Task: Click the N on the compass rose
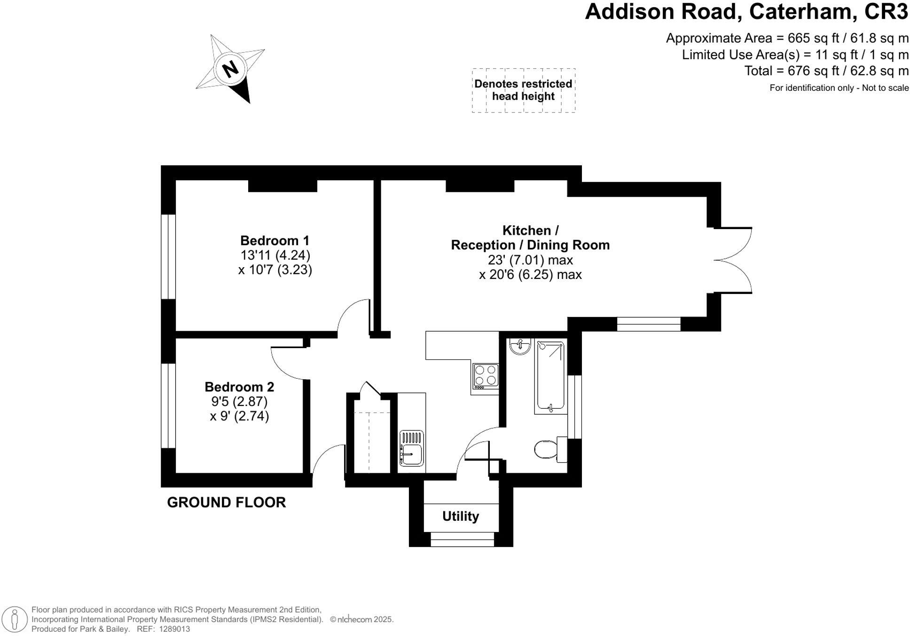pyautogui.click(x=230, y=70)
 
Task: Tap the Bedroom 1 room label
pyautogui.click(x=275, y=241)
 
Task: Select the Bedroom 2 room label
pyautogui.click(x=239, y=387)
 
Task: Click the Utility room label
pyautogui.click(x=460, y=517)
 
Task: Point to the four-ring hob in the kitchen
pyautogui.click(x=486, y=376)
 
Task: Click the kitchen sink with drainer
pyautogui.click(x=411, y=448)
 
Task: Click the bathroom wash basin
pyautogui.click(x=520, y=346)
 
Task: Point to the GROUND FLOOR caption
pyautogui.click(x=226, y=502)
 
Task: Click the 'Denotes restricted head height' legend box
pyautogui.click(x=523, y=90)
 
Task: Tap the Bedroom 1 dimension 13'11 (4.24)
pyautogui.click(x=275, y=255)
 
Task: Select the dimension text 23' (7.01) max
pyautogui.click(x=530, y=260)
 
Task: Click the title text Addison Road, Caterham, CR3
pyautogui.click(x=746, y=12)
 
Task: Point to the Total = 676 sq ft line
pyautogui.click(x=826, y=71)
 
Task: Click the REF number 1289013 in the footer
pyautogui.click(x=174, y=629)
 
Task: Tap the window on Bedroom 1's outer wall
pyautogui.click(x=168, y=257)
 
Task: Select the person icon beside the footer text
pyautogui.click(x=15, y=620)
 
